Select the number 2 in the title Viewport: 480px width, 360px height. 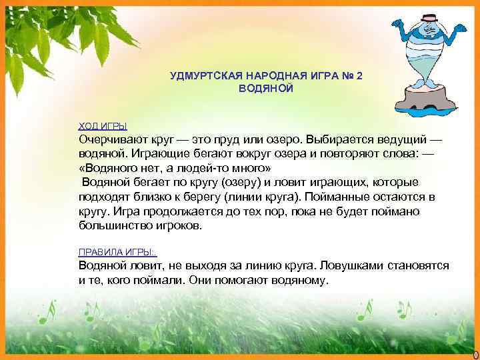(359, 76)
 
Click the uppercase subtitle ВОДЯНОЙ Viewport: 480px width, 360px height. (265, 89)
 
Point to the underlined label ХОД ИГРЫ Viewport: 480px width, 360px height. (103, 125)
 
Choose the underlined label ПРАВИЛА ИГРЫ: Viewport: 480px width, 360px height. (117, 252)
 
